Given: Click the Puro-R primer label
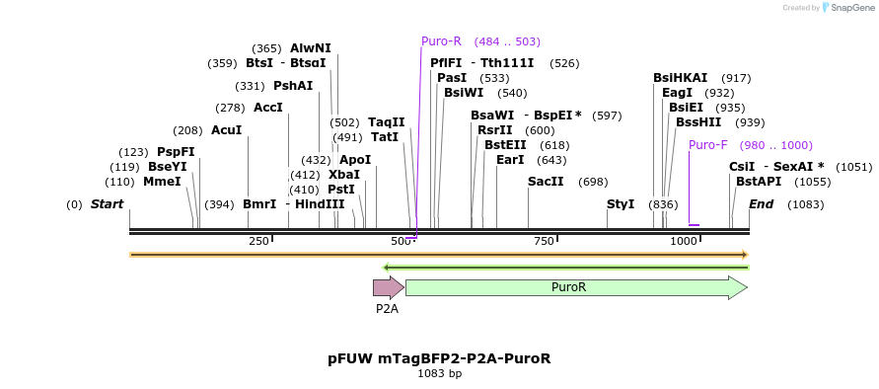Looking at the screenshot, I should tap(441, 41).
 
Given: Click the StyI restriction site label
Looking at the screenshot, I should tap(621, 204).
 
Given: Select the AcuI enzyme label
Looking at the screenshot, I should tap(226, 130).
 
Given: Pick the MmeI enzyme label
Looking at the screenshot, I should tap(162, 182).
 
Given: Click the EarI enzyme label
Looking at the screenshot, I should tap(510, 160).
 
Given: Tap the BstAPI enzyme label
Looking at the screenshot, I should tap(758, 182).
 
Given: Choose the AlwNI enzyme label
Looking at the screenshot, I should tap(311, 48).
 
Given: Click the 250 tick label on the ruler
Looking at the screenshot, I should tap(258, 242).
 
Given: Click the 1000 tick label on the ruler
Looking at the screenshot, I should tap(684, 242).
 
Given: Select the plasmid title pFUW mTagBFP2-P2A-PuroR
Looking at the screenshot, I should tap(439, 358).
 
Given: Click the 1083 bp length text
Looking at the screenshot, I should tap(439, 374).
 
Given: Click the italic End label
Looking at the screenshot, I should tap(761, 204).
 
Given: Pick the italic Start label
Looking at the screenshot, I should tap(107, 204).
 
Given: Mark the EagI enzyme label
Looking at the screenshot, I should tap(678, 93).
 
